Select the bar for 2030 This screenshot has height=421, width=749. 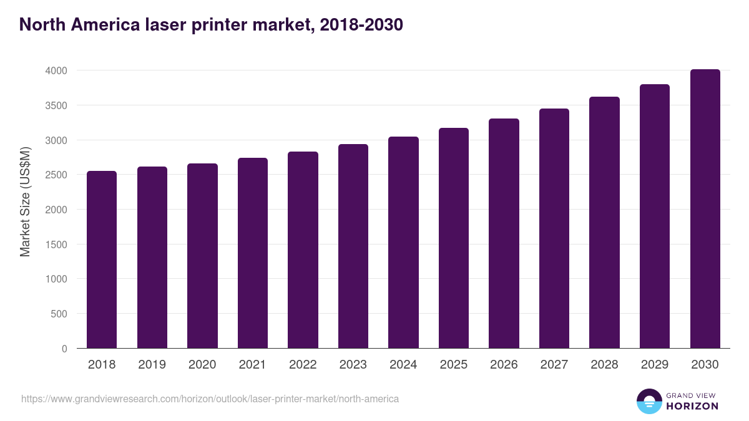tap(705, 209)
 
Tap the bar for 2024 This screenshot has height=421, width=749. tap(403, 243)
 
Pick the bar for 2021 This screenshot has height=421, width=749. tap(253, 253)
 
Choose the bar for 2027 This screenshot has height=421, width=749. tap(554, 228)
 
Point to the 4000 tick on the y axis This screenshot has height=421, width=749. tap(56, 71)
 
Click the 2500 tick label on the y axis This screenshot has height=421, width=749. tap(56, 175)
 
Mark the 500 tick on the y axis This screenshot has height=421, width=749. tap(59, 314)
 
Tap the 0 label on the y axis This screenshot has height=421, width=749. tap(64, 349)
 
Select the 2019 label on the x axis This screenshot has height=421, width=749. tap(152, 365)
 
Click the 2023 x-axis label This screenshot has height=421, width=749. tap(353, 365)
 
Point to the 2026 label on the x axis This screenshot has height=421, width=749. tap(504, 365)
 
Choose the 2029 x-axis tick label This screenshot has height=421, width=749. tap(655, 365)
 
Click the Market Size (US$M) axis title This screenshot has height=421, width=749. tap(25, 201)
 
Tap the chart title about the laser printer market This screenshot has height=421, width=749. tap(211, 25)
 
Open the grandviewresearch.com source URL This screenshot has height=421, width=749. tap(210, 399)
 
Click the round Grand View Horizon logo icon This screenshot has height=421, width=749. tap(649, 401)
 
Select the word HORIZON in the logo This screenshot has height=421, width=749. tap(692, 406)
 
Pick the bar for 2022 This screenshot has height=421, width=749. tap(303, 250)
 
